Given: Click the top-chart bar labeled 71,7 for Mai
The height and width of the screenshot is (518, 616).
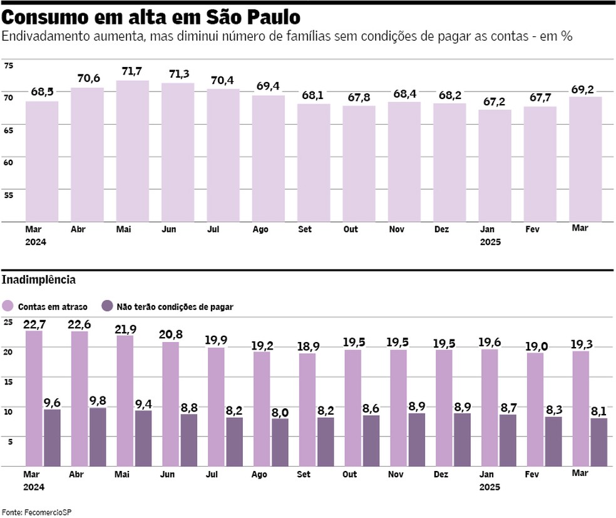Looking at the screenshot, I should tap(132, 151).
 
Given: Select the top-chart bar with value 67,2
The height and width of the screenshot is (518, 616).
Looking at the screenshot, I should tap(495, 165).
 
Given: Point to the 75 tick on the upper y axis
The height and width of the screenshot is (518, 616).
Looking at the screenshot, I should tap(8, 65).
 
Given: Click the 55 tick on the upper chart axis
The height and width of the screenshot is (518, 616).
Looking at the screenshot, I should tap(8, 195).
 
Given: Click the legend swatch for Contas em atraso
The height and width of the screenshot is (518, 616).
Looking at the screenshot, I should tap(8, 306).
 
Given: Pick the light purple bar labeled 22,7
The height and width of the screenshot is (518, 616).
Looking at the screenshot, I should tap(34, 398).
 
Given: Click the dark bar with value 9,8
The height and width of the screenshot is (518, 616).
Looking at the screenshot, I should tap(98, 437).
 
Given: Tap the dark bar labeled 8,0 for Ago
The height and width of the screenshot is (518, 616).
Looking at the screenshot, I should tap(280, 442).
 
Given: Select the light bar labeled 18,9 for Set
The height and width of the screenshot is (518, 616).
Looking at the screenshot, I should tap(307, 410).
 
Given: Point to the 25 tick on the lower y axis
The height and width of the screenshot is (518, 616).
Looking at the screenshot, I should tap(8, 322).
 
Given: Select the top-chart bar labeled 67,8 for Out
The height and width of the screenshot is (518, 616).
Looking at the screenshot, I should tap(359, 163).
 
